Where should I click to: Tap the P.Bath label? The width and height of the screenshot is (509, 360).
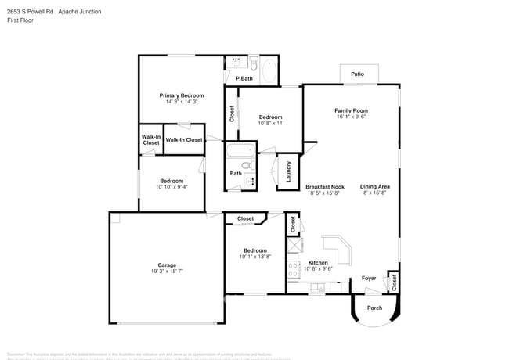point(244,78)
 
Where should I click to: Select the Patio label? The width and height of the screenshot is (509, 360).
point(357,74)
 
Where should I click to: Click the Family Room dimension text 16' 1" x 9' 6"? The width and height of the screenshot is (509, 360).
point(352,117)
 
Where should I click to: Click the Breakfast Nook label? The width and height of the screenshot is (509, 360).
point(325,186)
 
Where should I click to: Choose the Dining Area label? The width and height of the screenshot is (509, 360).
point(375,186)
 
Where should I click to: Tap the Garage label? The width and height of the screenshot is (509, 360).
point(167,265)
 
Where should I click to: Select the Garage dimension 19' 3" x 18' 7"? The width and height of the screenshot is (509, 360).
point(167,271)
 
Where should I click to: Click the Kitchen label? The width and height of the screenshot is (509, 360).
point(318,262)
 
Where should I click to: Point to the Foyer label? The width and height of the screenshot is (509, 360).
point(368,278)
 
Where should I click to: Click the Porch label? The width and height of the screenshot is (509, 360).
point(374,308)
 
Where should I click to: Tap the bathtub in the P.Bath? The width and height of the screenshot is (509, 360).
point(269,72)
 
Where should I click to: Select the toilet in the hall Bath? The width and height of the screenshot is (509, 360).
point(247,165)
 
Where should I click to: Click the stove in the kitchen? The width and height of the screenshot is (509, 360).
point(293,271)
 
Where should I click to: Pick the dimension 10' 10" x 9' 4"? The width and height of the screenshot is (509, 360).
point(171,187)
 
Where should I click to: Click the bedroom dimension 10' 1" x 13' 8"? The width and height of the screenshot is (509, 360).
point(254,256)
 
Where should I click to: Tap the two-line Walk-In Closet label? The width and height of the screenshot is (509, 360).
point(151,140)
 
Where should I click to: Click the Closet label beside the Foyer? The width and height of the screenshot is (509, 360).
point(394,283)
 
